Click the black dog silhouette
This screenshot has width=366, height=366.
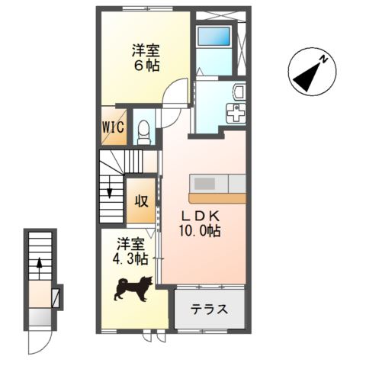pyautogui.click(x=133, y=288)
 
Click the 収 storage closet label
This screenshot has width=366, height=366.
pyautogui.click(x=142, y=201)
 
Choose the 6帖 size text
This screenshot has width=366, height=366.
pyautogui.click(x=144, y=66)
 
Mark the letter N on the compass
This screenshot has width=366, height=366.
pyautogui.click(x=323, y=59)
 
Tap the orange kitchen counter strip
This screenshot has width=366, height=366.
pyautogui.click(x=217, y=197)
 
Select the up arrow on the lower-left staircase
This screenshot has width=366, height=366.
pyautogui.click(x=39, y=268)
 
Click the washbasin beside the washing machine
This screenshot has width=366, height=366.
pyautogui.click(x=237, y=93)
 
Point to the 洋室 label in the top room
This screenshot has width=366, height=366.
pyautogui.click(x=144, y=50)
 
